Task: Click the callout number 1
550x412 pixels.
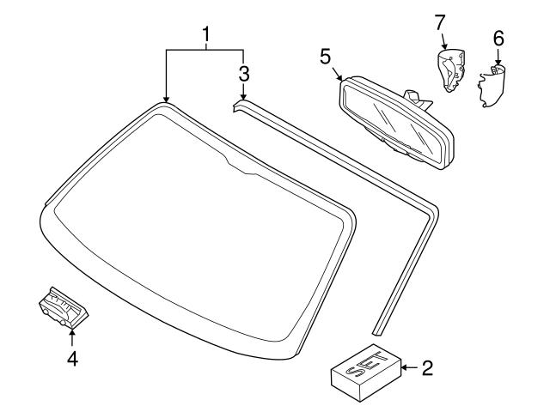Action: coord(206,35)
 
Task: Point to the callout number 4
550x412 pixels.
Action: coord(72,359)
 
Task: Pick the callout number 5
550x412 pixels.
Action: coord(325,57)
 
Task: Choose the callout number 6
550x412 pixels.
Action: coord(499,39)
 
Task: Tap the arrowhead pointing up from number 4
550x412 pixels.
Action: coord(72,332)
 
